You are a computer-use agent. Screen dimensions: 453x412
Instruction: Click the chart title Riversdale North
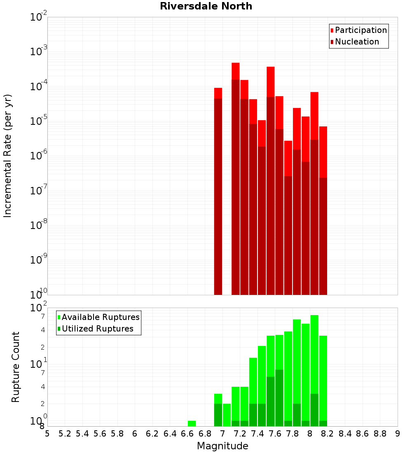[206, 6]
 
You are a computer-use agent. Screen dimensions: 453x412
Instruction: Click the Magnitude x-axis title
[222, 446]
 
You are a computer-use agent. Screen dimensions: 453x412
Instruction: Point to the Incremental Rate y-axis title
[8, 156]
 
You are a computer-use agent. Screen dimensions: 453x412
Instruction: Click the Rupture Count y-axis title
[16, 367]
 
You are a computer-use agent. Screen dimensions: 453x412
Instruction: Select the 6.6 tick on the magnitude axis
[187, 434]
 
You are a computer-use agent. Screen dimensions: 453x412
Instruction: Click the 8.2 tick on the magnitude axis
[328, 434]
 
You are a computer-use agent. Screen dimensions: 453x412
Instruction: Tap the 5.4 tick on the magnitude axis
[82, 434]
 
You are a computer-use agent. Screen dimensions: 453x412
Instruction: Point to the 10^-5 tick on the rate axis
[39, 121]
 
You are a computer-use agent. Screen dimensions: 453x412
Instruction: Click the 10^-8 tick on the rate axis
[39, 225]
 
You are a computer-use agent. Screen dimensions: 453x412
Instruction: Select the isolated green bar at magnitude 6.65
[192, 423]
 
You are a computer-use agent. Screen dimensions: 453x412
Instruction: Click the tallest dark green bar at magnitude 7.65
[279, 397]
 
